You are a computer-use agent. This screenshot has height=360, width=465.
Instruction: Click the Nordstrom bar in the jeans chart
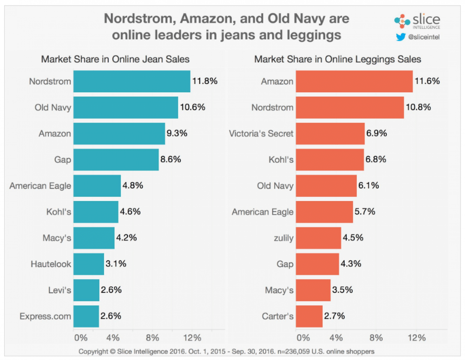[x=132, y=81]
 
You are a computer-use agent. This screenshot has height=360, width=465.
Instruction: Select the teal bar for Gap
[x=116, y=160]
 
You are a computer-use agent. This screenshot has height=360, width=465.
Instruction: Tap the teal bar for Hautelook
[x=89, y=264]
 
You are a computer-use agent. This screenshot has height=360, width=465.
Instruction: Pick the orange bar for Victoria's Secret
[x=330, y=134]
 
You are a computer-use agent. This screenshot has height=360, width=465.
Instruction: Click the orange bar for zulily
[x=318, y=238]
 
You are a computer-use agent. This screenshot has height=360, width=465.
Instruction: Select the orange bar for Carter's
[x=309, y=316]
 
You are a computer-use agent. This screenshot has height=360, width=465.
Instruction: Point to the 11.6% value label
[x=427, y=81]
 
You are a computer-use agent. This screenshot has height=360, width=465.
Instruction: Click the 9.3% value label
[x=177, y=133]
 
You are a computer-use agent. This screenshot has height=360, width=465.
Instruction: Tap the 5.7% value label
[x=365, y=212]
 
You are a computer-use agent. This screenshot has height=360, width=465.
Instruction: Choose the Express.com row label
[x=45, y=316]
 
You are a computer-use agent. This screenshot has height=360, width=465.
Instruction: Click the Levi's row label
[x=60, y=290]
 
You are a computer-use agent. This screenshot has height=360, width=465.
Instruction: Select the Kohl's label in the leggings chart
[x=281, y=160]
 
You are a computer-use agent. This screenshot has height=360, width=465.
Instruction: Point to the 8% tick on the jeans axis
[x=152, y=338]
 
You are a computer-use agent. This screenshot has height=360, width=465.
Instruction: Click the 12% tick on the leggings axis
[x=416, y=338]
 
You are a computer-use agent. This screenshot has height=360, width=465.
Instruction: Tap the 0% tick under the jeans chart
[x=81, y=338]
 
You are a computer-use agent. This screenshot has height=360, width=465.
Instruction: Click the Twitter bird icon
[x=400, y=37]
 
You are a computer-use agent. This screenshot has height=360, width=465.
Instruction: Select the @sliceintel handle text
[x=424, y=37]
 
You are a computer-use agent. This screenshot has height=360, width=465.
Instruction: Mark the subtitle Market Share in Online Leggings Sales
[x=337, y=59]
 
